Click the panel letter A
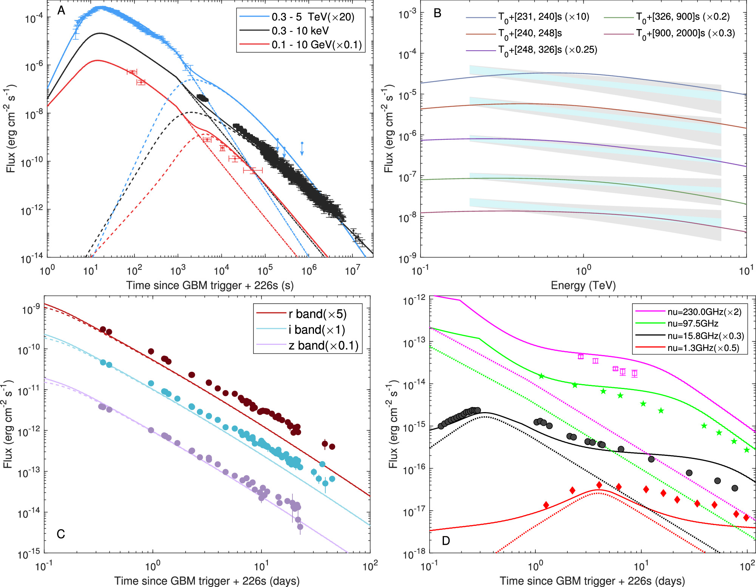[x=61, y=11]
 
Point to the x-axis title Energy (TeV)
[x=583, y=285]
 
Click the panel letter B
[x=437, y=13]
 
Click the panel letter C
[x=60, y=534]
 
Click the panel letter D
[x=446, y=541]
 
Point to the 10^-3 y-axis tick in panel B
[x=407, y=14]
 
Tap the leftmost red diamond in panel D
[x=546, y=505]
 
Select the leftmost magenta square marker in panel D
[x=581, y=356]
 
